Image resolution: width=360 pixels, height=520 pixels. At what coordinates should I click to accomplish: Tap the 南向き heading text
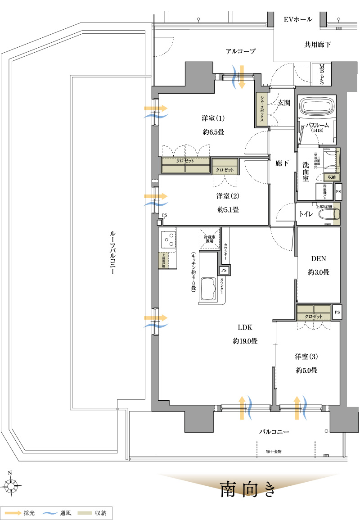(x=247, y=489)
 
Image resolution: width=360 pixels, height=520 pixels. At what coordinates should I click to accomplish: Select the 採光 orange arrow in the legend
(x=13, y=513)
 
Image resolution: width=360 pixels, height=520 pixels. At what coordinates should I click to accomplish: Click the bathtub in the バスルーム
(x=318, y=107)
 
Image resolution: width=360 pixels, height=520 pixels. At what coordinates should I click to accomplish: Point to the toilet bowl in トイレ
(x=328, y=214)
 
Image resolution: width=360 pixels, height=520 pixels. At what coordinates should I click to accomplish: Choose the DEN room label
(x=318, y=259)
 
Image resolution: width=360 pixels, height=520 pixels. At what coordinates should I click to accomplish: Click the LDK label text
(x=245, y=328)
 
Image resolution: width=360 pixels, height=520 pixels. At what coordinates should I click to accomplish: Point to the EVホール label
(x=298, y=20)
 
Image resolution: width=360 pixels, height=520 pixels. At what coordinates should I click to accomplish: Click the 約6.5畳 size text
(x=213, y=132)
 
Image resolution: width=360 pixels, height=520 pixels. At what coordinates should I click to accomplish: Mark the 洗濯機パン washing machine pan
(x=324, y=191)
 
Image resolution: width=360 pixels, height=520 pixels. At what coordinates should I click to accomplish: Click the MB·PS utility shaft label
(x=322, y=74)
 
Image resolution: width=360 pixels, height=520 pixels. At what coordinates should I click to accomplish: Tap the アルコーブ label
(x=241, y=51)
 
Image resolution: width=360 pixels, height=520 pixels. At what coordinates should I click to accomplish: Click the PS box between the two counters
(x=224, y=270)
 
